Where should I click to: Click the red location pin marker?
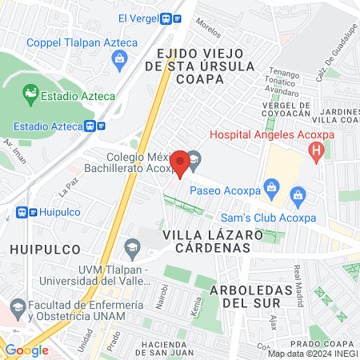182,163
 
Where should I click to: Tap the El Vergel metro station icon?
169,18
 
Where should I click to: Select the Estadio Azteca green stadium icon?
30,95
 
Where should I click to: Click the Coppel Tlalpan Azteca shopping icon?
119,58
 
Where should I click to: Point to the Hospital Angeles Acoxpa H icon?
318,150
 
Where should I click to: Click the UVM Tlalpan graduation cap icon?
132,245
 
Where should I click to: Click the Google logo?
26,350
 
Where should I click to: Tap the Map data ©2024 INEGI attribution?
313,354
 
